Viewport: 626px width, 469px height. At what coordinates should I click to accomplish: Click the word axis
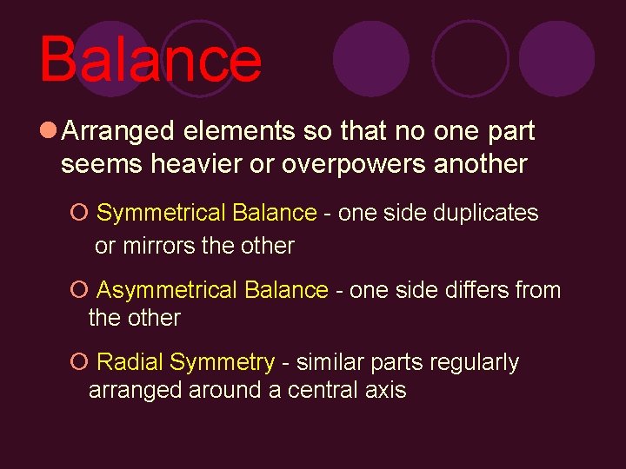(387, 390)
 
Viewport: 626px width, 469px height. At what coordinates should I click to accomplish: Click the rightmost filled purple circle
(556, 58)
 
